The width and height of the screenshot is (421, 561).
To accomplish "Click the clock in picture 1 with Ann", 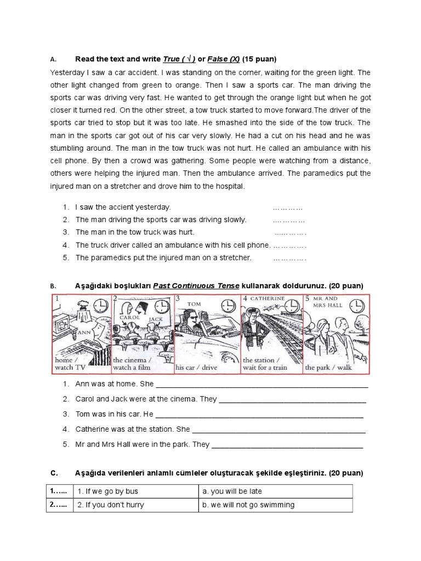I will pyautogui.click(x=101, y=305).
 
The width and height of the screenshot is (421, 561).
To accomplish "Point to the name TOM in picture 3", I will pyautogui.click(x=194, y=303).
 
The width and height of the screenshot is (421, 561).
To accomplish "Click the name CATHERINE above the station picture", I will pyautogui.click(x=268, y=299).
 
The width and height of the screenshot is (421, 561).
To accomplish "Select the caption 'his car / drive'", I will pyautogui.click(x=196, y=367).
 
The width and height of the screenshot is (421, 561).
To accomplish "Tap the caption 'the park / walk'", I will pyautogui.click(x=329, y=367).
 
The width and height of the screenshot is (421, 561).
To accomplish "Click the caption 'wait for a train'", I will pyautogui.click(x=265, y=368).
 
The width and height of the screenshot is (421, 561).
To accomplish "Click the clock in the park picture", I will pyautogui.click(x=356, y=304).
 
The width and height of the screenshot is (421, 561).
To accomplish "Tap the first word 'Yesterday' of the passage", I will pyautogui.click(x=69, y=72).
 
